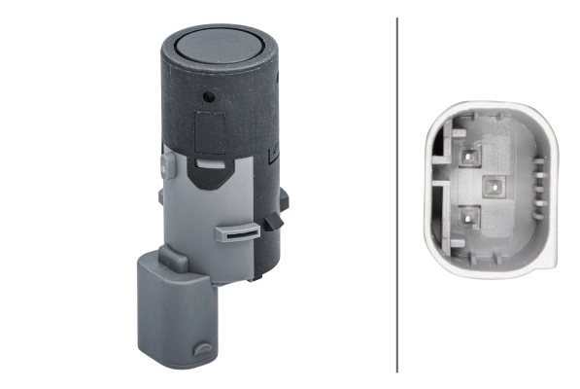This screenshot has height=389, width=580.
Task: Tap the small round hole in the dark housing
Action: pyautogui.click(x=208, y=97)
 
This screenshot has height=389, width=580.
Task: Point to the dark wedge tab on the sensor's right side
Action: pyautogui.click(x=275, y=222)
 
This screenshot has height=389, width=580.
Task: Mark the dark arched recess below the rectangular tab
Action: pyautogui.click(x=210, y=176)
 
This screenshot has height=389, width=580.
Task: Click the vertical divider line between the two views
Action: pyautogui.click(x=397, y=194)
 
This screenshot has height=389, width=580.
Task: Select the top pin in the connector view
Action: pyautogui.click(x=469, y=154)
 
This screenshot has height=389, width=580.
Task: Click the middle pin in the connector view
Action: pyautogui.click(x=491, y=185)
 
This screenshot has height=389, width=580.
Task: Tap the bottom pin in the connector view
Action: pyautogui.click(x=469, y=216)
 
